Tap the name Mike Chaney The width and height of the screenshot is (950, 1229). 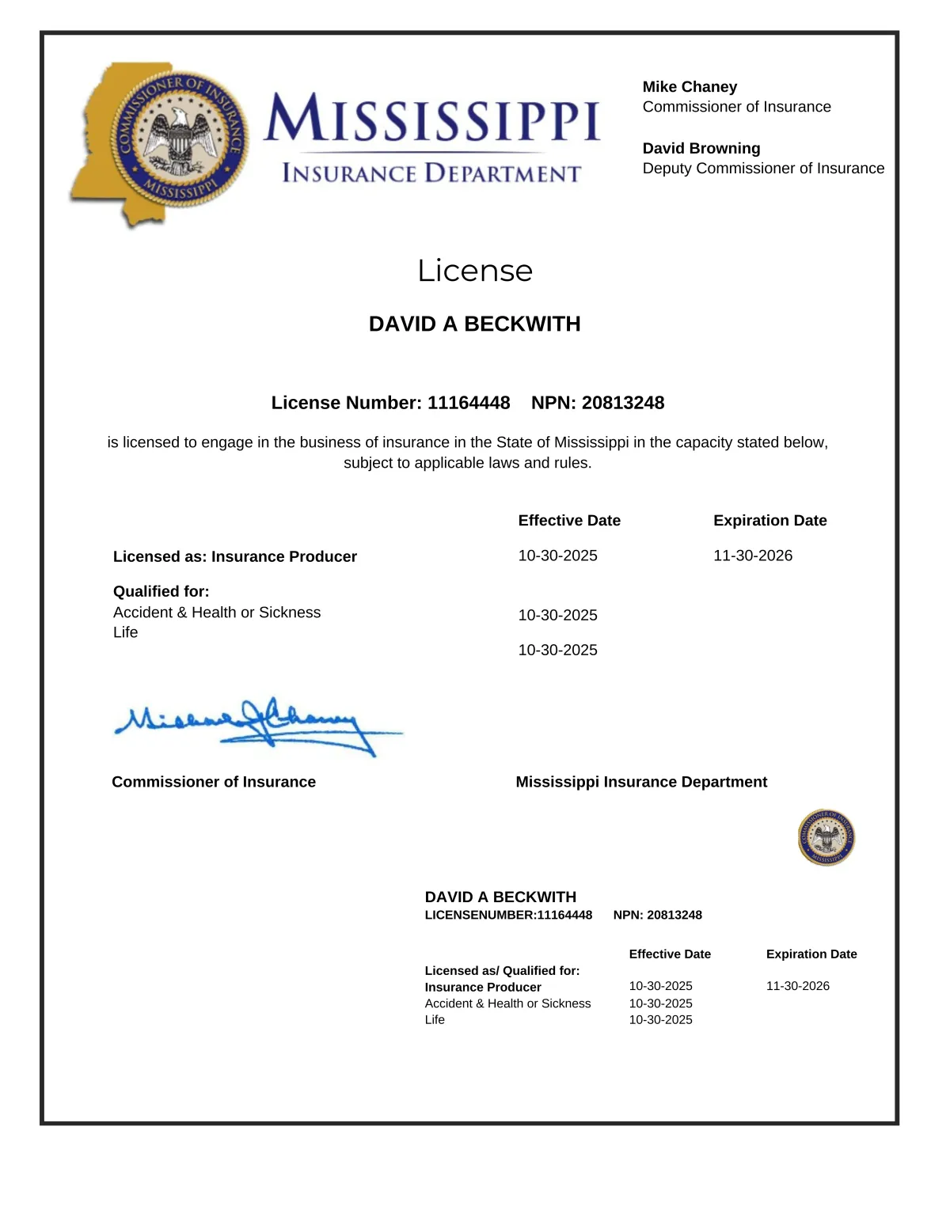click(690, 87)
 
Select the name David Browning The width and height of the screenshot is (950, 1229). click(701, 149)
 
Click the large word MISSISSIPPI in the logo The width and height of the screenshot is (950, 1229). click(432, 119)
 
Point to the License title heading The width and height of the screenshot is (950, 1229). click(475, 271)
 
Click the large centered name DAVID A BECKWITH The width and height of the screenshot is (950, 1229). click(475, 324)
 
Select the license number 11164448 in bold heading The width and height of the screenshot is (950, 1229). click(469, 403)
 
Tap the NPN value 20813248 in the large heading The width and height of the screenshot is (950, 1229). click(623, 403)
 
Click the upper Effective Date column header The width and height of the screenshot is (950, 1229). click(569, 521)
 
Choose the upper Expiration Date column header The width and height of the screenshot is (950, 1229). click(769, 521)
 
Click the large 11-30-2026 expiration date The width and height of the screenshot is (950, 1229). click(753, 556)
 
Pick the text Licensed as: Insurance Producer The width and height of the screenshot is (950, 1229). click(235, 556)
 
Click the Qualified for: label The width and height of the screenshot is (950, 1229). click(161, 591)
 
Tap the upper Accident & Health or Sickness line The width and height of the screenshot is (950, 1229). click(217, 613)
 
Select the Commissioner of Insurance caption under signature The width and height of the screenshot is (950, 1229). click(214, 782)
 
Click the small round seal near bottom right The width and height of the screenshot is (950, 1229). click(826, 837)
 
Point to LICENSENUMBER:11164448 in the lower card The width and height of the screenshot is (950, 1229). click(508, 915)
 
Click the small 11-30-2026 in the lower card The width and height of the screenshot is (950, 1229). click(797, 986)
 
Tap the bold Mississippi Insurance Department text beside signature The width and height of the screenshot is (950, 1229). click(641, 782)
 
